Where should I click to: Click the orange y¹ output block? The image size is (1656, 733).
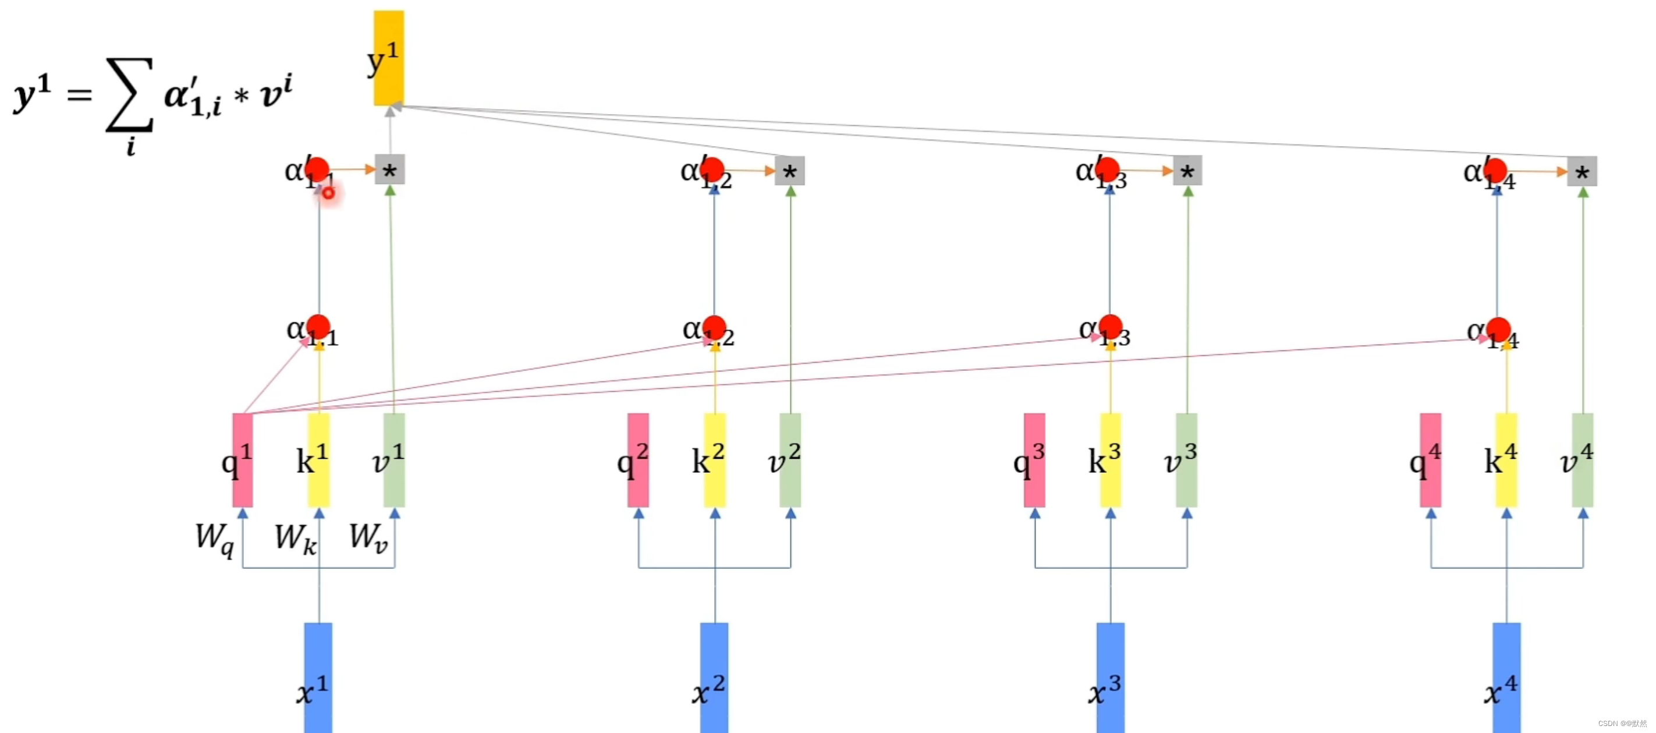(x=389, y=58)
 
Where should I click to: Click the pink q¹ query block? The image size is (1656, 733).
(x=242, y=460)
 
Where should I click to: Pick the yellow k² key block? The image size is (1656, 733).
(x=715, y=460)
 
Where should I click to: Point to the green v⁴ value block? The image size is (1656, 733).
(x=1582, y=460)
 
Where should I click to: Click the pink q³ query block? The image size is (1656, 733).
(x=1034, y=460)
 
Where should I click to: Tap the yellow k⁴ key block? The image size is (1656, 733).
(x=1506, y=460)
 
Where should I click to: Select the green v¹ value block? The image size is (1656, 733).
(x=394, y=460)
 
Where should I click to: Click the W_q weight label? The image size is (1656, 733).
(x=214, y=537)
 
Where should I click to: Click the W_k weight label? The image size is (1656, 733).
(x=295, y=537)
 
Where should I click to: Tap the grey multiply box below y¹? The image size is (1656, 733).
(x=389, y=171)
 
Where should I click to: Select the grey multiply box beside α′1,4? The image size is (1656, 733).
(x=1581, y=172)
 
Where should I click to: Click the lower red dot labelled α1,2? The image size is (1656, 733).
(x=714, y=327)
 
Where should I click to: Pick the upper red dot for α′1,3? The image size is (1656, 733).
(x=1108, y=169)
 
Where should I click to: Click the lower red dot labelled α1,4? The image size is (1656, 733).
(x=1498, y=328)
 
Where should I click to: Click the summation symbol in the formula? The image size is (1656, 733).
(x=130, y=95)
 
